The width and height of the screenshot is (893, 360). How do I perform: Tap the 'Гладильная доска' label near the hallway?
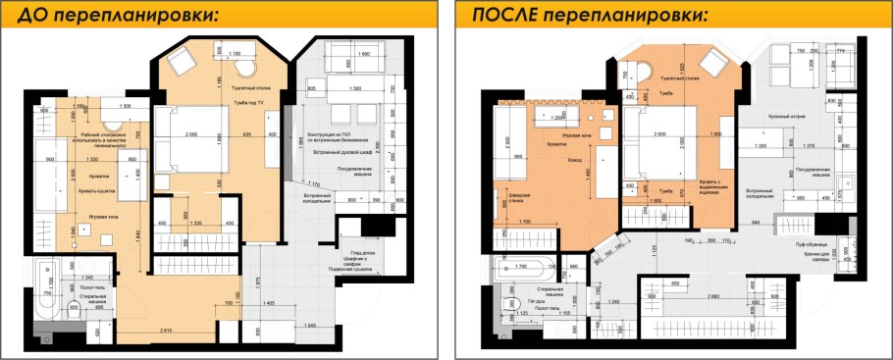[x=362, y=258]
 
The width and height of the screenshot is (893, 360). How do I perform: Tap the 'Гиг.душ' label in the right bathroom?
[x=537, y=302]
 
